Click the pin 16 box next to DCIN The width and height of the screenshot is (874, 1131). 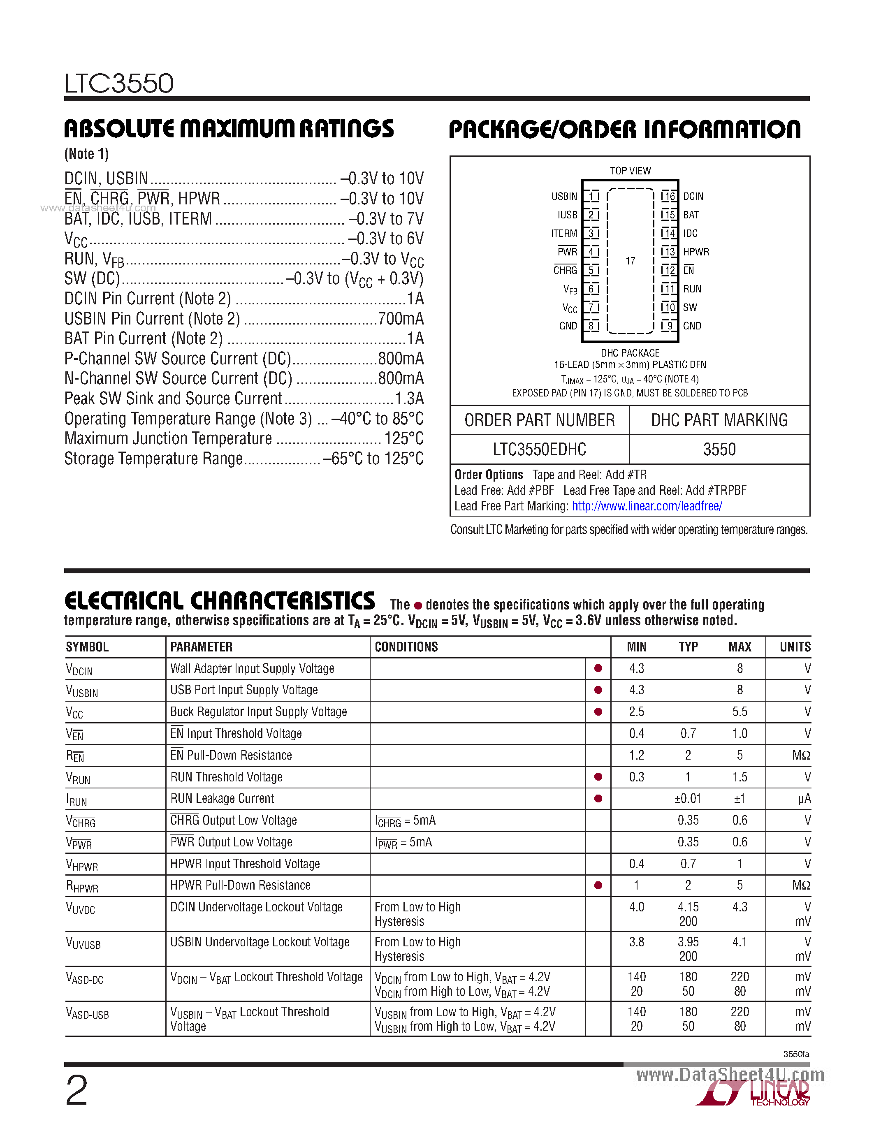pyautogui.click(x=668, y=196)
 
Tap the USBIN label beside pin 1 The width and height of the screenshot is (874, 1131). pyautogui.click(x=564, y=196)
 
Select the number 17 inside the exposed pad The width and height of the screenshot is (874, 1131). pyautogui.click(x=630, y=261)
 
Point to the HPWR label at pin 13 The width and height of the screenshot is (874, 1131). pyautogui.click(x=696, y=252)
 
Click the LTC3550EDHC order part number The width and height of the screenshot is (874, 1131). pyautogui.click(x=539, y=449)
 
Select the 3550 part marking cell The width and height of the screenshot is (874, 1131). pyautogui.click(x=719, y=449)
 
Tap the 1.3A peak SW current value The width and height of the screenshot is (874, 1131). pyautogui.click(x=409, y=398)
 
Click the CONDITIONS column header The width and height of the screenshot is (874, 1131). pyautogui.click(x=406, y=647)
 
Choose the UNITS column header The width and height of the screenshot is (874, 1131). pyautogui.click(x=795, y=647)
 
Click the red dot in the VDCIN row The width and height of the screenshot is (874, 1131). pyautogui.click(x=598, y=668)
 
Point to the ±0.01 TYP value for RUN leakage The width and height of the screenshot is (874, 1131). pyautogui.click(x=688, y=799)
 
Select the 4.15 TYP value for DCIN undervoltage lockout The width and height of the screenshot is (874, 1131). pyautogui.click(x=688, y=907)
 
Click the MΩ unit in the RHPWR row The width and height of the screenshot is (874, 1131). pyautogui.click(x=801, y=885)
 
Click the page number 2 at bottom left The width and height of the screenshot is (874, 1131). pyautogui.click(x=77, y=1090)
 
